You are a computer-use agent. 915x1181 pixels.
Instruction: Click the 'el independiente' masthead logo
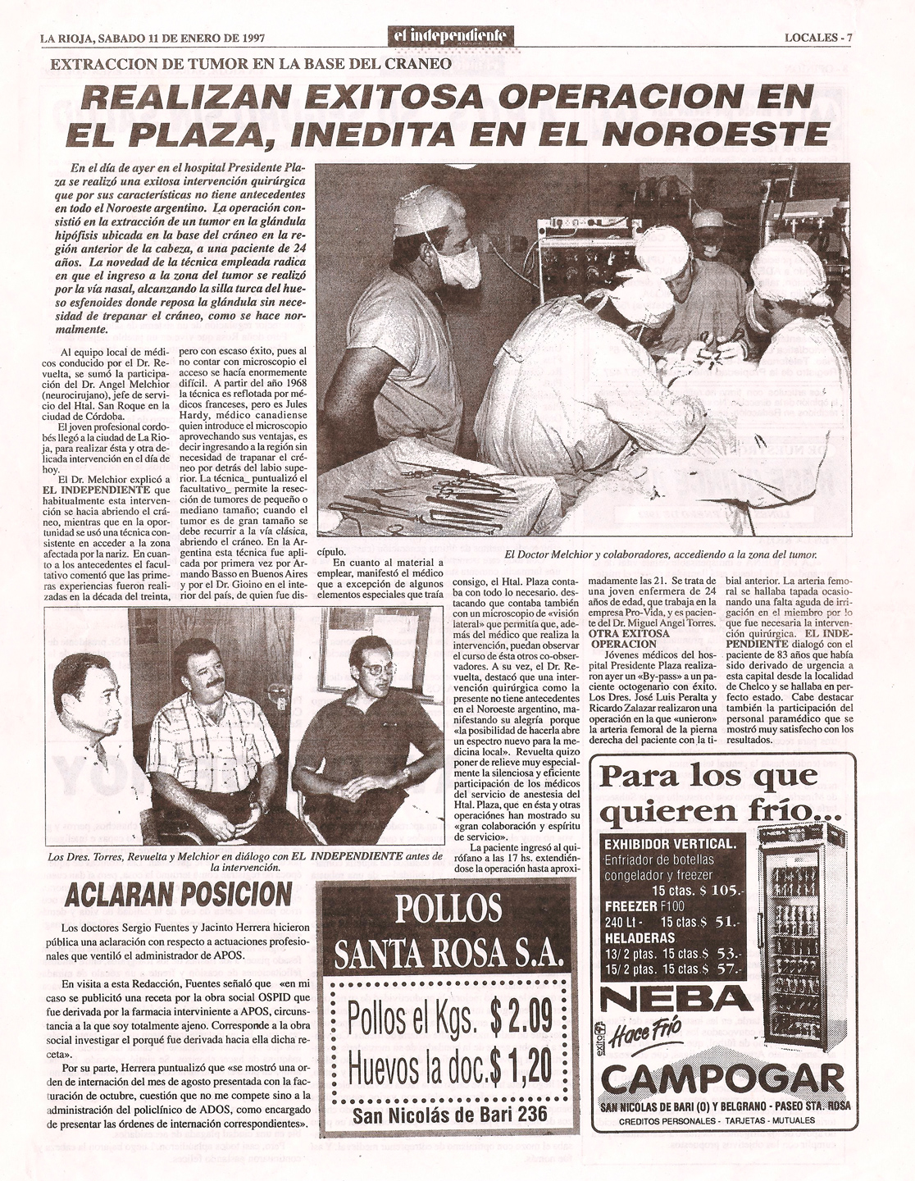click(452, 37)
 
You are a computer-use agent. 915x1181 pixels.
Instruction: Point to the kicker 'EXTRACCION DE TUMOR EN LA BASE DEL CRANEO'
click(251, 63)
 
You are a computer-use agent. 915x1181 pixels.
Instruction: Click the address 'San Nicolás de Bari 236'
click(450, 1115)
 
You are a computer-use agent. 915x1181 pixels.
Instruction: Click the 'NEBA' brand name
click(676, 998)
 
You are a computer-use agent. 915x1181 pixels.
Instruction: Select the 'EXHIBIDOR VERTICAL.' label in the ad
click(670, 845)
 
